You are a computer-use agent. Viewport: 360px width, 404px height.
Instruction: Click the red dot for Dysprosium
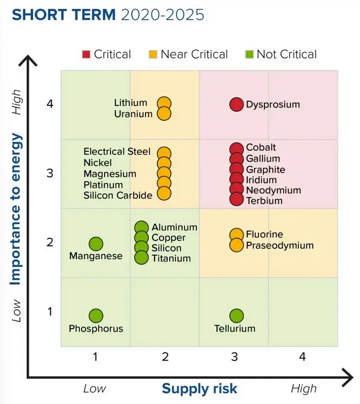click(236, 104)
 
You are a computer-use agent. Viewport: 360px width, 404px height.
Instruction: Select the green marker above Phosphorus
click(96, 316)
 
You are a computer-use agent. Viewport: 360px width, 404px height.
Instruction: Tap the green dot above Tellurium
click(236, 316)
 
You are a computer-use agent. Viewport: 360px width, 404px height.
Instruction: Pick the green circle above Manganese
click(96, 244)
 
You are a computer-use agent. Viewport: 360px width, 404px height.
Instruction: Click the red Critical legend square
click(86, 54)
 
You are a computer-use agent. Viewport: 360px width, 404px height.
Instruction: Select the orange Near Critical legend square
click(153, 54)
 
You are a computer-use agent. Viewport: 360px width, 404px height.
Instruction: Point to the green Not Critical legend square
click(249, 54)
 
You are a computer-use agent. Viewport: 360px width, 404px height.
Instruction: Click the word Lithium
click(130, 102)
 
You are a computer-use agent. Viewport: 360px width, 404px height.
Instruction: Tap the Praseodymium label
click(280, 246)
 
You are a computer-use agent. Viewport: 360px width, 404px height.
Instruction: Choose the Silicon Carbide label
click(118, 195)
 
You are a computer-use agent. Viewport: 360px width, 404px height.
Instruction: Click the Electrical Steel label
click(117, 151)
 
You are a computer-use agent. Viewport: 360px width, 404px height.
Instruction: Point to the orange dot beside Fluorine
click(236, 235)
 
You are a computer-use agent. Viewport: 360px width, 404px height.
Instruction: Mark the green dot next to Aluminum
click(141, 228)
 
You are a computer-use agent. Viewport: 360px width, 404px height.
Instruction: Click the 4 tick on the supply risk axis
click(302, 357)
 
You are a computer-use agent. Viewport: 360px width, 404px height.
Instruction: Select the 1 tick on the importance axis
click(50, 312)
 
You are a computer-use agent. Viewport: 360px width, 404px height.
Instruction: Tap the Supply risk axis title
click(199, 389)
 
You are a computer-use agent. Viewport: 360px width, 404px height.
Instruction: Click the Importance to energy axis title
click(15, 209)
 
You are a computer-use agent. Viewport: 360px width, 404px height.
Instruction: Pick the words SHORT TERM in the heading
click(63, 14)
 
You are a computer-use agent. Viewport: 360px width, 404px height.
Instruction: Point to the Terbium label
click(264, 201)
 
